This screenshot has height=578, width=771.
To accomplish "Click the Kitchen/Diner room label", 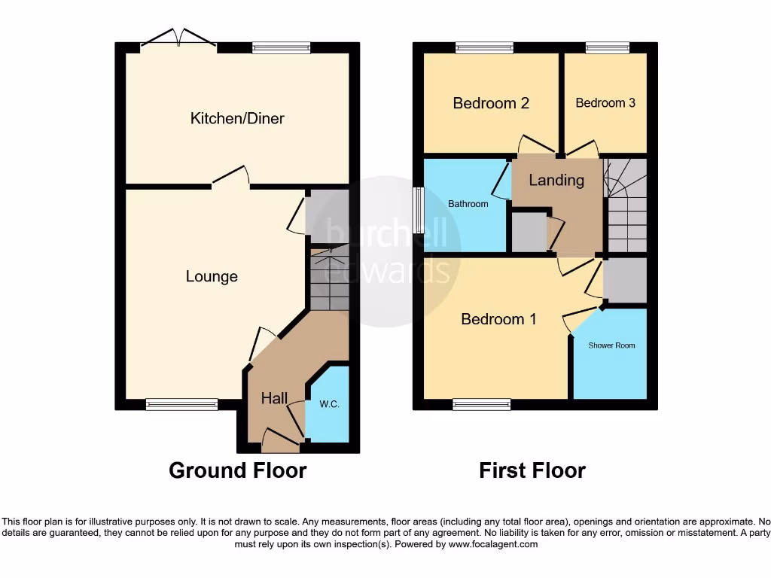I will pyautogui.click(x=237, y=118).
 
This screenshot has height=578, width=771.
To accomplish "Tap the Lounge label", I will pyautogui.click(x=212, y=276).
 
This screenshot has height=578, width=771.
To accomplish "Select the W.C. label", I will pyautogui.click(x=329, y=404).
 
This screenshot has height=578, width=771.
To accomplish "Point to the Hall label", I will pyautogui.click(x=274, y=398).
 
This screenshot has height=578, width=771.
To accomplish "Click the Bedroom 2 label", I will pyautogui.click(x=491, y=103).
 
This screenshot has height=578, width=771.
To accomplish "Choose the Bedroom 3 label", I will pyautogui.click(x=605, y=103).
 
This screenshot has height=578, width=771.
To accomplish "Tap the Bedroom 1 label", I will pyautogui.click(x=498, y=319).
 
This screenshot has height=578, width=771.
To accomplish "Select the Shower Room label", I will pyautogui.click(x=612, y=345).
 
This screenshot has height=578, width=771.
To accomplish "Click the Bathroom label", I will pyautogui.click(x=468, y=204).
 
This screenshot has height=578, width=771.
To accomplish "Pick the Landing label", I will pyautogui.click(x=556, y=180).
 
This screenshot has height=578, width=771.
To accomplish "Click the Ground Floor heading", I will pyautogui.click(x=237, y=470).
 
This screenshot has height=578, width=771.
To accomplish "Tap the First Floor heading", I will pyautogui.click(x=532, y=470).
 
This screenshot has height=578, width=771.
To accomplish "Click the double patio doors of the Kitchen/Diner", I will pyautogui.click(x=179, y=41).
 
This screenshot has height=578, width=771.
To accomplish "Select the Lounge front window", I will pyautogui.click(x=175, y=405).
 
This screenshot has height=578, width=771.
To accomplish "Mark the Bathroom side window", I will pyautogui.click(x=418, y=211).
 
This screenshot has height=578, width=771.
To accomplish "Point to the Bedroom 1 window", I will pyautogui.click(x=482, y=405).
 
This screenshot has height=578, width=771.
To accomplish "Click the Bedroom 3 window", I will pyautogui.click(x=607, y=48).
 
